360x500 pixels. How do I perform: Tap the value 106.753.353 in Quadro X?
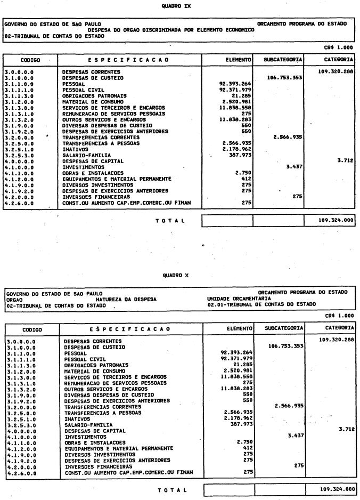[x=284, y=345]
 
